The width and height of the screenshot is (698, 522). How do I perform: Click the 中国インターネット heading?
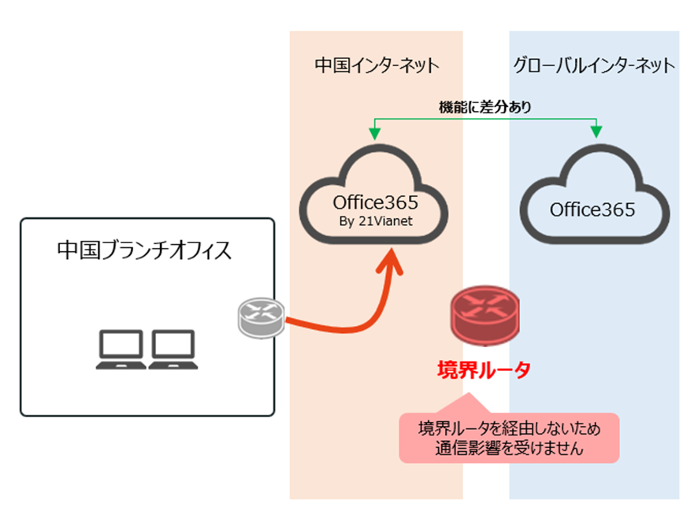click(376, 65)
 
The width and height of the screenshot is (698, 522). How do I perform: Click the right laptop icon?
click(174, 349)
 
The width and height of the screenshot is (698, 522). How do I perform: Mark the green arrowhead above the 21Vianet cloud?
click(376, 131)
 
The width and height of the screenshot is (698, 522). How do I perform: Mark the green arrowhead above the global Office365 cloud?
click(597, 131)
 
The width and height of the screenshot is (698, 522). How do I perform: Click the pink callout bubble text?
click(510, 439)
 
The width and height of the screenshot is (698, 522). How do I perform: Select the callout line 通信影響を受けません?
click(510, 450)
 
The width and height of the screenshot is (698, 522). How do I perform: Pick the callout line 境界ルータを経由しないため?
click(510, 429)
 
